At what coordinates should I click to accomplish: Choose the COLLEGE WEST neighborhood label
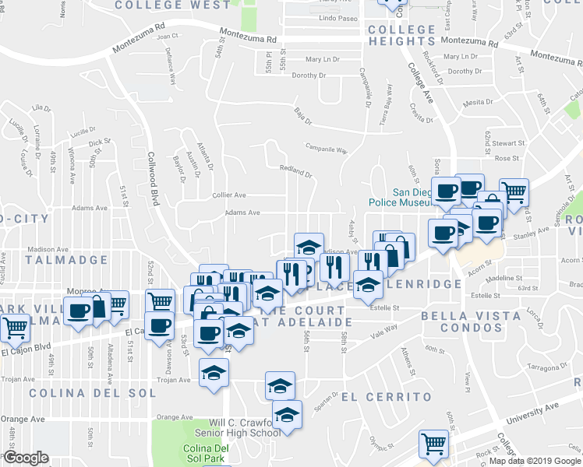coord(173,5)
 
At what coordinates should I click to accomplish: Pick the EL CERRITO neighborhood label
coord(387,397)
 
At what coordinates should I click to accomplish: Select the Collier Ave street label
coord(229,195)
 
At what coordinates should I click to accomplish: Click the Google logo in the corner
coord(25,458)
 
